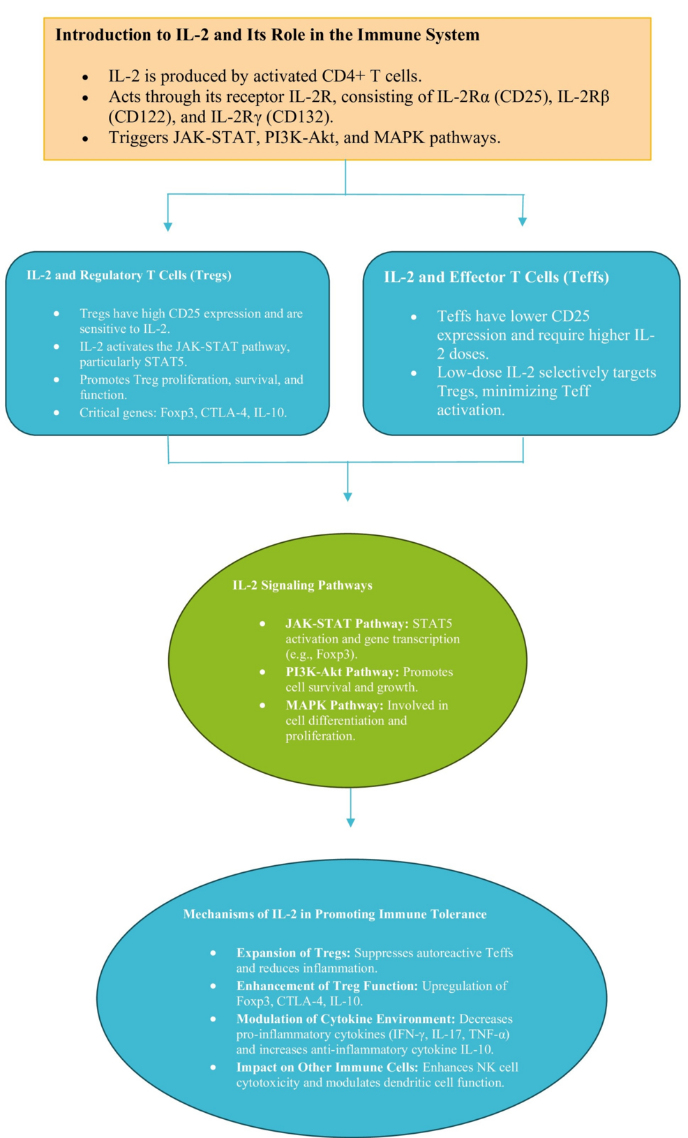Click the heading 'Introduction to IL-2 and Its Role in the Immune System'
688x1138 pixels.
point(267,35)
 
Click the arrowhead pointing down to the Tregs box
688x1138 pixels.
point(167,226)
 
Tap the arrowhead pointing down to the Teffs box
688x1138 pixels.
point(523,221)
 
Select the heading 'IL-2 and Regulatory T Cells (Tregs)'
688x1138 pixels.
point(129,275)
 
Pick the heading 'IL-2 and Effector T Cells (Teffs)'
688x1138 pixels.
point(496,277)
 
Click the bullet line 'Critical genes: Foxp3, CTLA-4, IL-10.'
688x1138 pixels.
point(183,412)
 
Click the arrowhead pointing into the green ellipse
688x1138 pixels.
point(347,496)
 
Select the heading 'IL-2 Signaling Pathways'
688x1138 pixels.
point(302,585)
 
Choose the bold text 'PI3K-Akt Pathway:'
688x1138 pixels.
point(342,672)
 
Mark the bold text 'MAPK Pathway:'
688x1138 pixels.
point(334,705)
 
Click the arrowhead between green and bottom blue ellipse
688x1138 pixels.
point(350,823)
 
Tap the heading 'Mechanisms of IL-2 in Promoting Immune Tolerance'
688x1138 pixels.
point(335,914)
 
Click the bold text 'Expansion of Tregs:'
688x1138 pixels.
point(293,953)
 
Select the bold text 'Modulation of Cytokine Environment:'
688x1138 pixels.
point(345,1019)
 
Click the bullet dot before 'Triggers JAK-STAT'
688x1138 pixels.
point(85,139)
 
